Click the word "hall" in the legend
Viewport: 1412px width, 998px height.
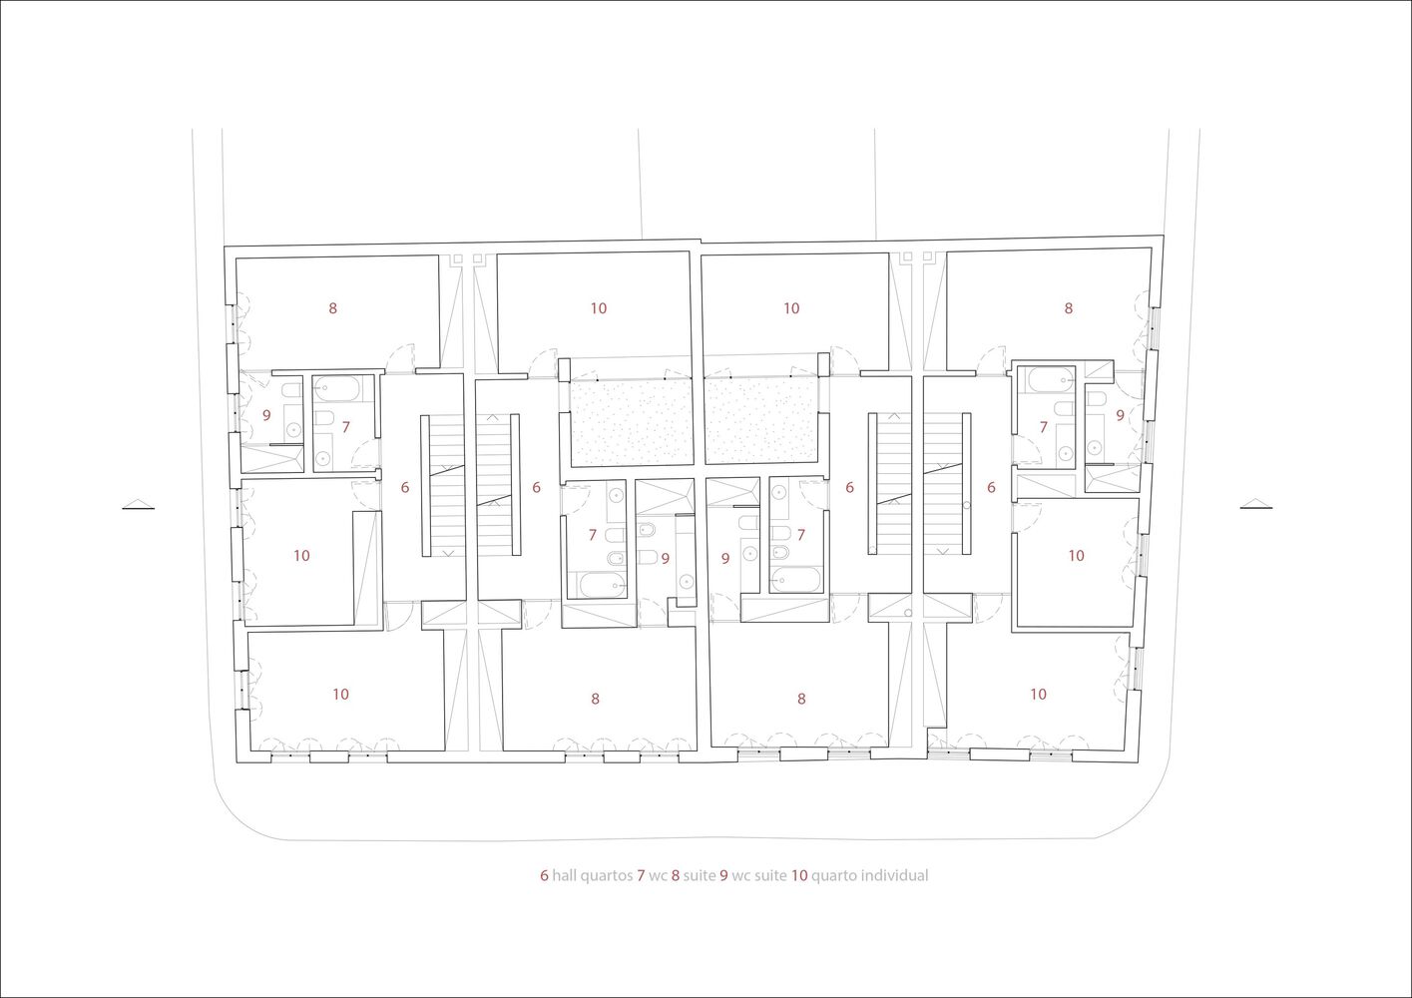[567, 876]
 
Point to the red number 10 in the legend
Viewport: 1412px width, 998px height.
[799, 876]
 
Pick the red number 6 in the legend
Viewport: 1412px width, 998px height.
[544, 876]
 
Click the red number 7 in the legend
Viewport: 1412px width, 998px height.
[641, 876]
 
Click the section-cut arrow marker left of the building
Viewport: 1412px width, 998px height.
[139, 504]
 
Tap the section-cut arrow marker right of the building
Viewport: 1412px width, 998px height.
[1256, 504]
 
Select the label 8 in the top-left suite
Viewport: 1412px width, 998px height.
[333, 308]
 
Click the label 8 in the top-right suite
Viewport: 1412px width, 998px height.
[1068, 308]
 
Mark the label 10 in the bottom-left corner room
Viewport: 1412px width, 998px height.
[340, 694]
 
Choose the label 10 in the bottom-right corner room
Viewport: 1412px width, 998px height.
[1038, 694]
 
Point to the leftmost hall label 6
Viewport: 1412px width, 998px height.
[405, 487]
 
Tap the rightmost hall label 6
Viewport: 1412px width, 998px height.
[991, 487]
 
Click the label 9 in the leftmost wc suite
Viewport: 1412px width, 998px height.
[266, 415]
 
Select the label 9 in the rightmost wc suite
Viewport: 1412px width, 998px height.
[1120, 415]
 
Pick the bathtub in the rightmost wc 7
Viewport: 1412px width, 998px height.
[1051, 379]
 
